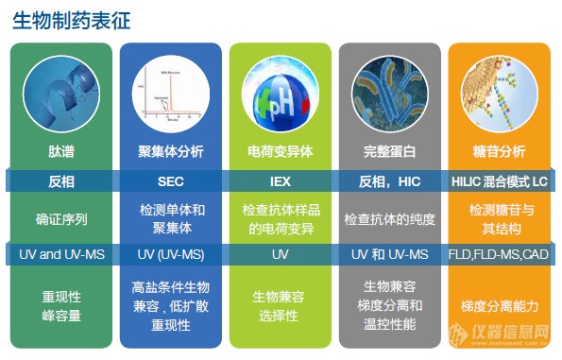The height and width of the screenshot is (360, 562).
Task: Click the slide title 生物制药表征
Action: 72,20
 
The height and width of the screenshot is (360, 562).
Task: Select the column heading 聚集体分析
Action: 170,151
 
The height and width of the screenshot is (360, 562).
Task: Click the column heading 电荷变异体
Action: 280,151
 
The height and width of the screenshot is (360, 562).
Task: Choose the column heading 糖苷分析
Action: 499,151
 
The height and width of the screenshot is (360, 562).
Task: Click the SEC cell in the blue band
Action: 170,180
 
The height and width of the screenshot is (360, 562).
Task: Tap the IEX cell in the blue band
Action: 280,180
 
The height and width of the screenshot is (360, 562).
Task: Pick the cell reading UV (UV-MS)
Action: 170,254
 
